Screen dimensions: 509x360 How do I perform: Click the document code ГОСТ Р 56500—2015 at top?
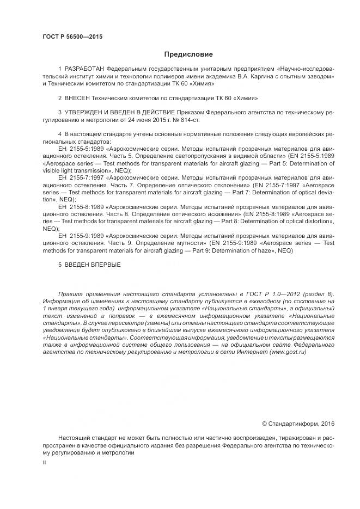(72, 37)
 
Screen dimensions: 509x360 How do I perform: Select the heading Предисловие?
(188, 54)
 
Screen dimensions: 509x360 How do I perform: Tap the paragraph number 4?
(59, 134)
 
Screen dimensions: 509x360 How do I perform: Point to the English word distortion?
(318, 222)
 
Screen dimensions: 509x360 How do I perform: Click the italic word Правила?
(70, 293)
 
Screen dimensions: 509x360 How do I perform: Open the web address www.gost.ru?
(286, 352)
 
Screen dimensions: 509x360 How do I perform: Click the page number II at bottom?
(44, 462)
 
